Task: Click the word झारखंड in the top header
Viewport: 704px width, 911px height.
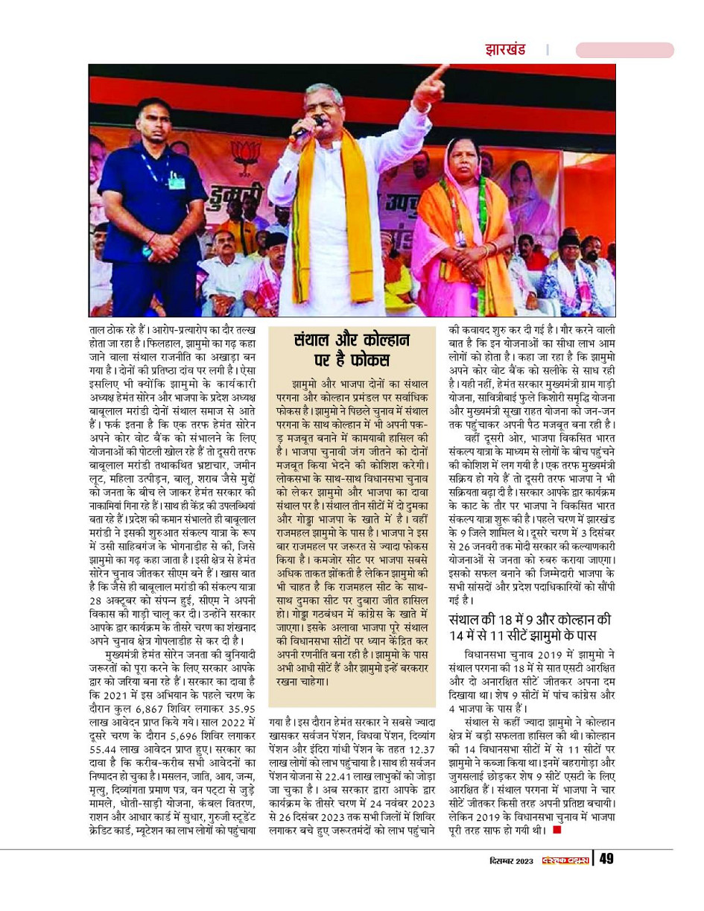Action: [505, 50]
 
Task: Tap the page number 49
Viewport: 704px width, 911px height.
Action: [606, 859]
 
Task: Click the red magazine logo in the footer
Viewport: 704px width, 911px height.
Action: [565, 860]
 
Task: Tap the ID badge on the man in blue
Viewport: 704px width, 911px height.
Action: [176, 180]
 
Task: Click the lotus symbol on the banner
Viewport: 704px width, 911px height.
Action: [245, 156]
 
